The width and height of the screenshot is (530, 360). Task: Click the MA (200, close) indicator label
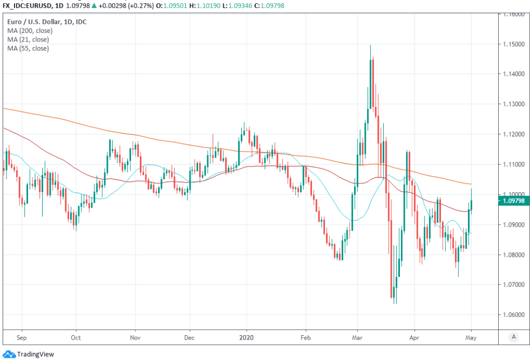29,31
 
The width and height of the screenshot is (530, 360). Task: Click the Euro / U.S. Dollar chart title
47,22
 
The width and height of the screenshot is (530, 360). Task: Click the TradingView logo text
35,354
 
